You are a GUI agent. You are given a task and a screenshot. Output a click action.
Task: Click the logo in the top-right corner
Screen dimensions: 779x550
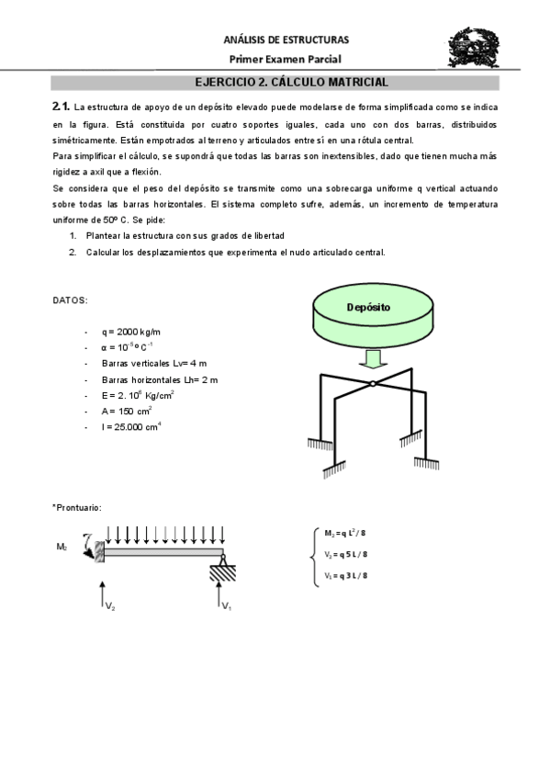[474, 48]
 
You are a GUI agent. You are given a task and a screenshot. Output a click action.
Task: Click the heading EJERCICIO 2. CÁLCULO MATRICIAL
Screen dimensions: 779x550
[286, 82]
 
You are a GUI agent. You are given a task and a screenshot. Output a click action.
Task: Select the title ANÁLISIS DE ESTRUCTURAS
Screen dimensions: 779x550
[286, 40]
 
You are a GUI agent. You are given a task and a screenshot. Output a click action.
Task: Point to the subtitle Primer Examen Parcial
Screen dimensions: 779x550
[286, 59]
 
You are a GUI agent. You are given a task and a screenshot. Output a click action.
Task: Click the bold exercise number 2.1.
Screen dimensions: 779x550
[62, 107]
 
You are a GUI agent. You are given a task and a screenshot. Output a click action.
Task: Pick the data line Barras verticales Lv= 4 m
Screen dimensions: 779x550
[154, 363]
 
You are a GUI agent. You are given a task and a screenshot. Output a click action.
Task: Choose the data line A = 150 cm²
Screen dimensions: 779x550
[128, 411]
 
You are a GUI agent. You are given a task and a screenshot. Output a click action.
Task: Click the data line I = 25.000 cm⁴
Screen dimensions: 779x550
[132, 427]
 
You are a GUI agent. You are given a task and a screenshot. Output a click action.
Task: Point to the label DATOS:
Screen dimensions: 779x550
[71, 300]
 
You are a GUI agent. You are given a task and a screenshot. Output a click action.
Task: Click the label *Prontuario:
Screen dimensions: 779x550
[77, 507]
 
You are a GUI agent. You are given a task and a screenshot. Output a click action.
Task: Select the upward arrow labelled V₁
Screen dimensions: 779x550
[220, 595]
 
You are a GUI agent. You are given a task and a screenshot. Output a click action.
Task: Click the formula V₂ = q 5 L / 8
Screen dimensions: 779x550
[346, 554]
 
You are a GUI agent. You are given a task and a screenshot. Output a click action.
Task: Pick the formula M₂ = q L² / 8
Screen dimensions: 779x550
[346, 533]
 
